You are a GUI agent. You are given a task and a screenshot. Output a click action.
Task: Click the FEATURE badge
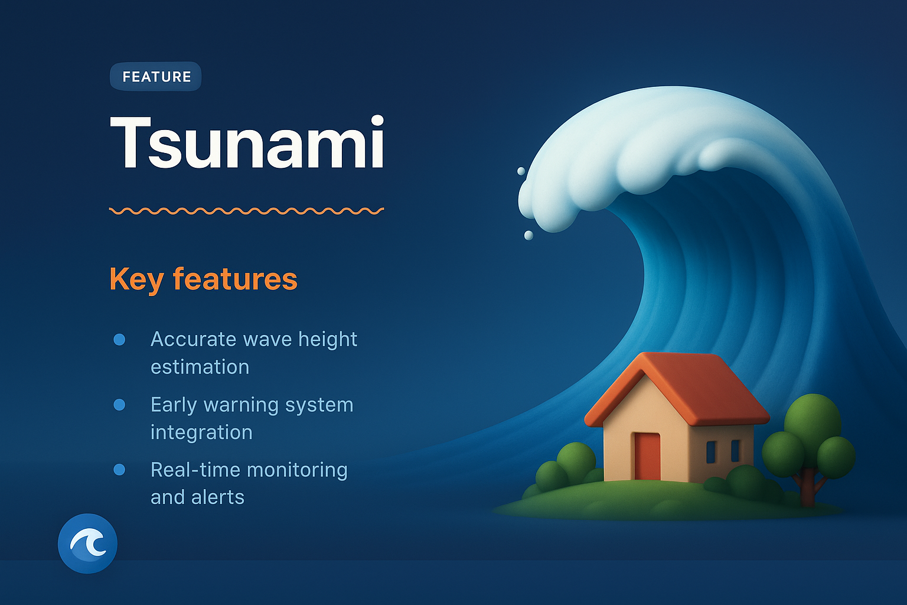point(156,77)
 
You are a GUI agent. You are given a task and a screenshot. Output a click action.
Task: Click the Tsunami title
point(247,142)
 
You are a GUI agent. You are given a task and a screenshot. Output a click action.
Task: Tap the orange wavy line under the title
point(247,210)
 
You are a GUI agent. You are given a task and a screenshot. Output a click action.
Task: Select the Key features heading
point(203,279)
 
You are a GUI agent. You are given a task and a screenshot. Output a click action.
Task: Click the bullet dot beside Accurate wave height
point(119,339)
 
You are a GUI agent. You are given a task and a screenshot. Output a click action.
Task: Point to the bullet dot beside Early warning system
point(119,405)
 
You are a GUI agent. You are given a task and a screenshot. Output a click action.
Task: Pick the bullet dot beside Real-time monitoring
point(119,470)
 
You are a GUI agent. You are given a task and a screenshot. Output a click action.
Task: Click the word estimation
point(200,367)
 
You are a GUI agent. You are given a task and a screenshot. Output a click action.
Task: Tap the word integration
point(201,432)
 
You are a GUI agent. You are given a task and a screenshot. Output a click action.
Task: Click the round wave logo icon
point(87,543)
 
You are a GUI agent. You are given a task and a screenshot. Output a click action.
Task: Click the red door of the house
point(647,456)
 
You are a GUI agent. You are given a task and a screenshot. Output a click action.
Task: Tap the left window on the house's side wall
point(711,451)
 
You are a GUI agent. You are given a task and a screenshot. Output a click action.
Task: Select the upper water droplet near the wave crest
point(521,171)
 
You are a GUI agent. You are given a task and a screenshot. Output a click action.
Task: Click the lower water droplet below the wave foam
point(528,236)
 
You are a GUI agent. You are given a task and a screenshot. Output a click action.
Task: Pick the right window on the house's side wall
point(735,450)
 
